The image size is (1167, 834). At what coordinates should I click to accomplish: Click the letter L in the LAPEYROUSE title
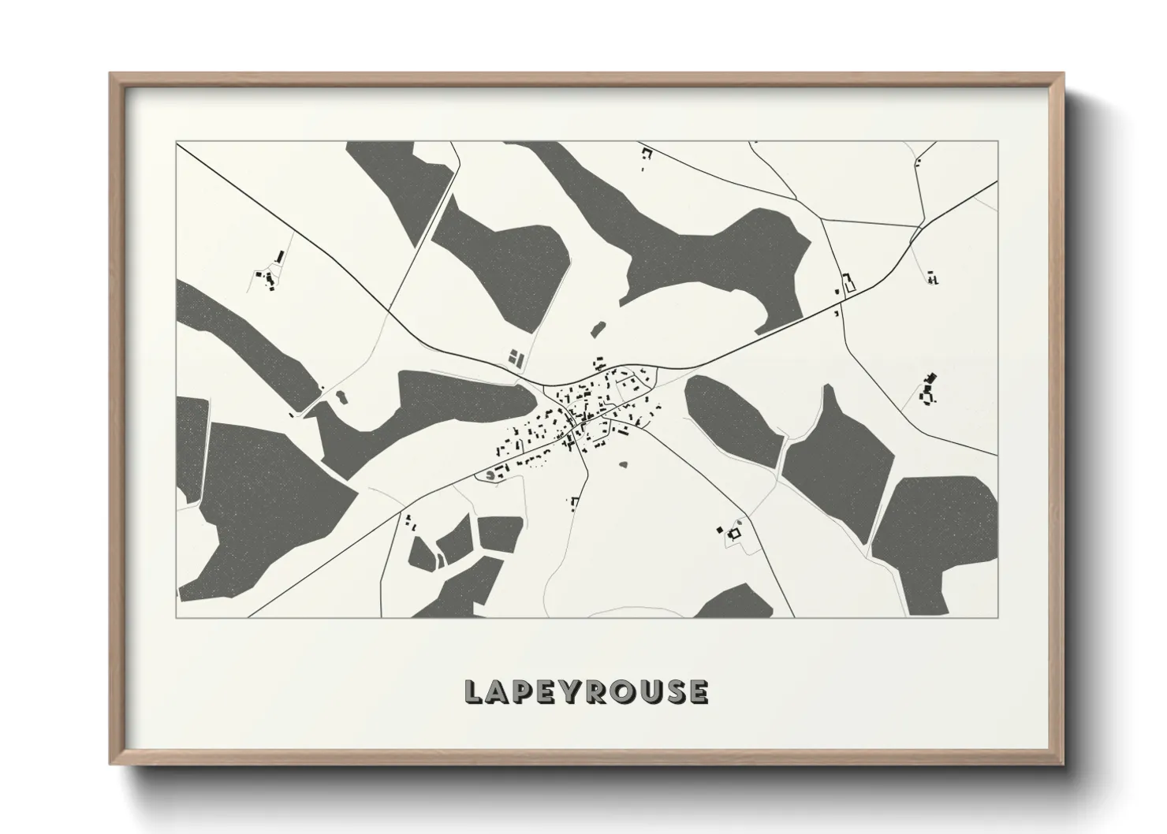tap(473, 691)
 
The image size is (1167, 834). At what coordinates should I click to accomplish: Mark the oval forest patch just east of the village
tap(733, 417)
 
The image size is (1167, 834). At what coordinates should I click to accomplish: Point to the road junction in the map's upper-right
tap(918, 228)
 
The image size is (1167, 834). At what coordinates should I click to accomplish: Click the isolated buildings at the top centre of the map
tap(647, 158)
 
